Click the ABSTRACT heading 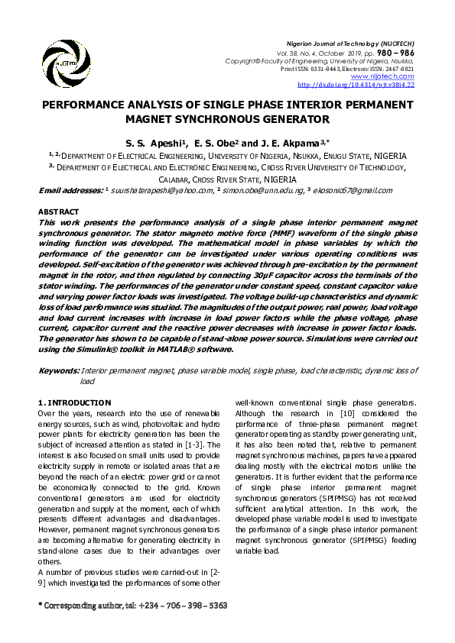(58, 212)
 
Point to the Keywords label (58, 370)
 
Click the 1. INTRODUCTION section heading (74, 402)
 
